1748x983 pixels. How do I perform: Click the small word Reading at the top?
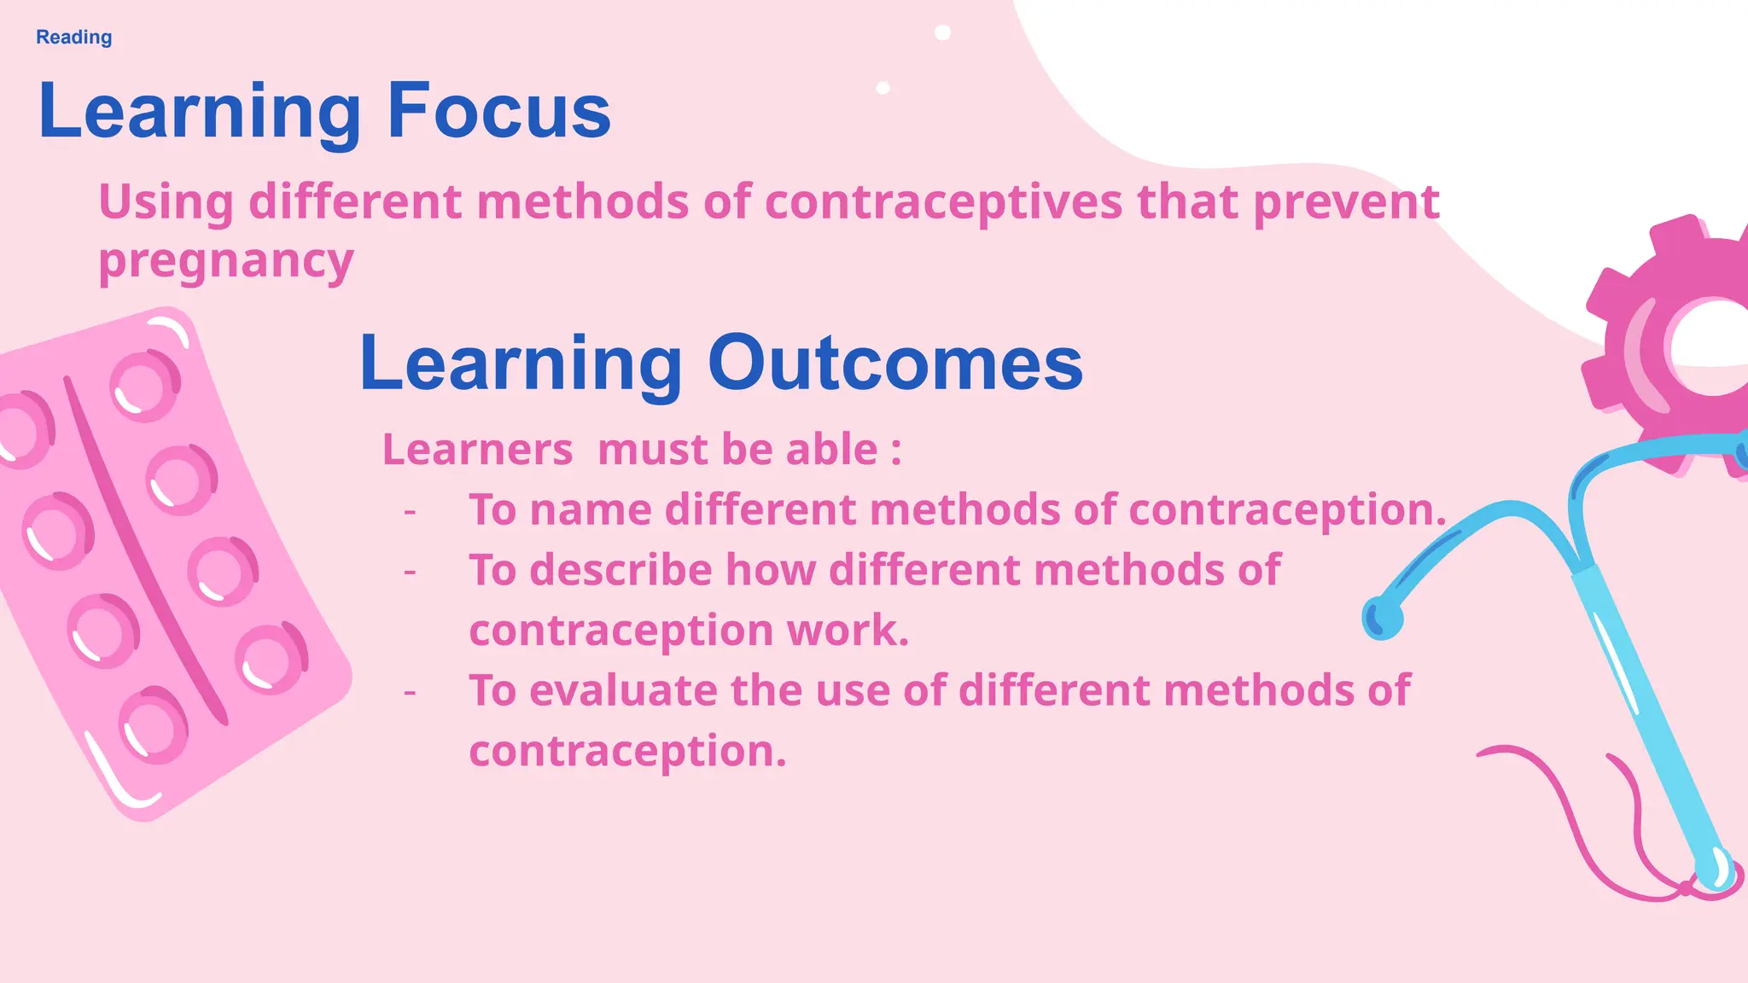[x=73, y=38]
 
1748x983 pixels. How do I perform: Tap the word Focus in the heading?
[x=498, y=111]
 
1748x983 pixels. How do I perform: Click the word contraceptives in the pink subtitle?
[x=943, y=203]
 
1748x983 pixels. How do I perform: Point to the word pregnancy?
[x=225, y=261]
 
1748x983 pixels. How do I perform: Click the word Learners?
[x=477, y=450]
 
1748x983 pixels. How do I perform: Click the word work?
[x=848, y=631]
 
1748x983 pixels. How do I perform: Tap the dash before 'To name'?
[x=411, y=511]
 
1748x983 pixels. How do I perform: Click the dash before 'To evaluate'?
[x=411, y=691]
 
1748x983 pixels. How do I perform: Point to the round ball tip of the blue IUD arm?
[x=1381, y=618]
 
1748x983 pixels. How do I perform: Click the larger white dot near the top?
[x=942, y=32]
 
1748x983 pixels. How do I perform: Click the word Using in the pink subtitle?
[x=166, y=203]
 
